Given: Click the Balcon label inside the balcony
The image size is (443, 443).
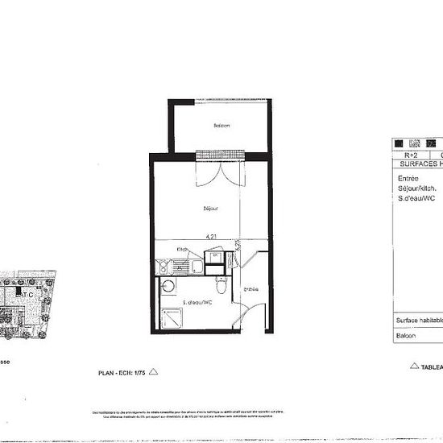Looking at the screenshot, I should click(221, 126).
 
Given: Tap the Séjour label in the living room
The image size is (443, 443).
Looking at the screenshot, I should click(211, 208).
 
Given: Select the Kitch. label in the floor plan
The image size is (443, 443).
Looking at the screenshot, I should click(184, 250).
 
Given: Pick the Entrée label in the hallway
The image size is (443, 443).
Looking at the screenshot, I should click(250, 289).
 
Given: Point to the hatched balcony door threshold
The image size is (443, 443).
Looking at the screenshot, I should click(221, 154).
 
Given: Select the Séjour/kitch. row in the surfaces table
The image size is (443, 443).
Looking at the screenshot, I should click(416, 188).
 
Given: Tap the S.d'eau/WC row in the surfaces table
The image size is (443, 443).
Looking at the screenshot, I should click(416, 198).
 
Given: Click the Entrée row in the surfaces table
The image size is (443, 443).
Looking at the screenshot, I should click(408, 179).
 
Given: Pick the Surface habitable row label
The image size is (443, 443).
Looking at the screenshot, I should click(418, 320).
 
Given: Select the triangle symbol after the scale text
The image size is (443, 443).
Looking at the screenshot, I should click(155, 371).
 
